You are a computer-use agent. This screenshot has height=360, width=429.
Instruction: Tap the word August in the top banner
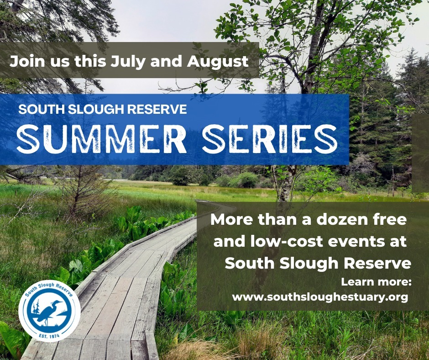tap(218, 61)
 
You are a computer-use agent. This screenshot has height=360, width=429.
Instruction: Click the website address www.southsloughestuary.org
tap(320, 297)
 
